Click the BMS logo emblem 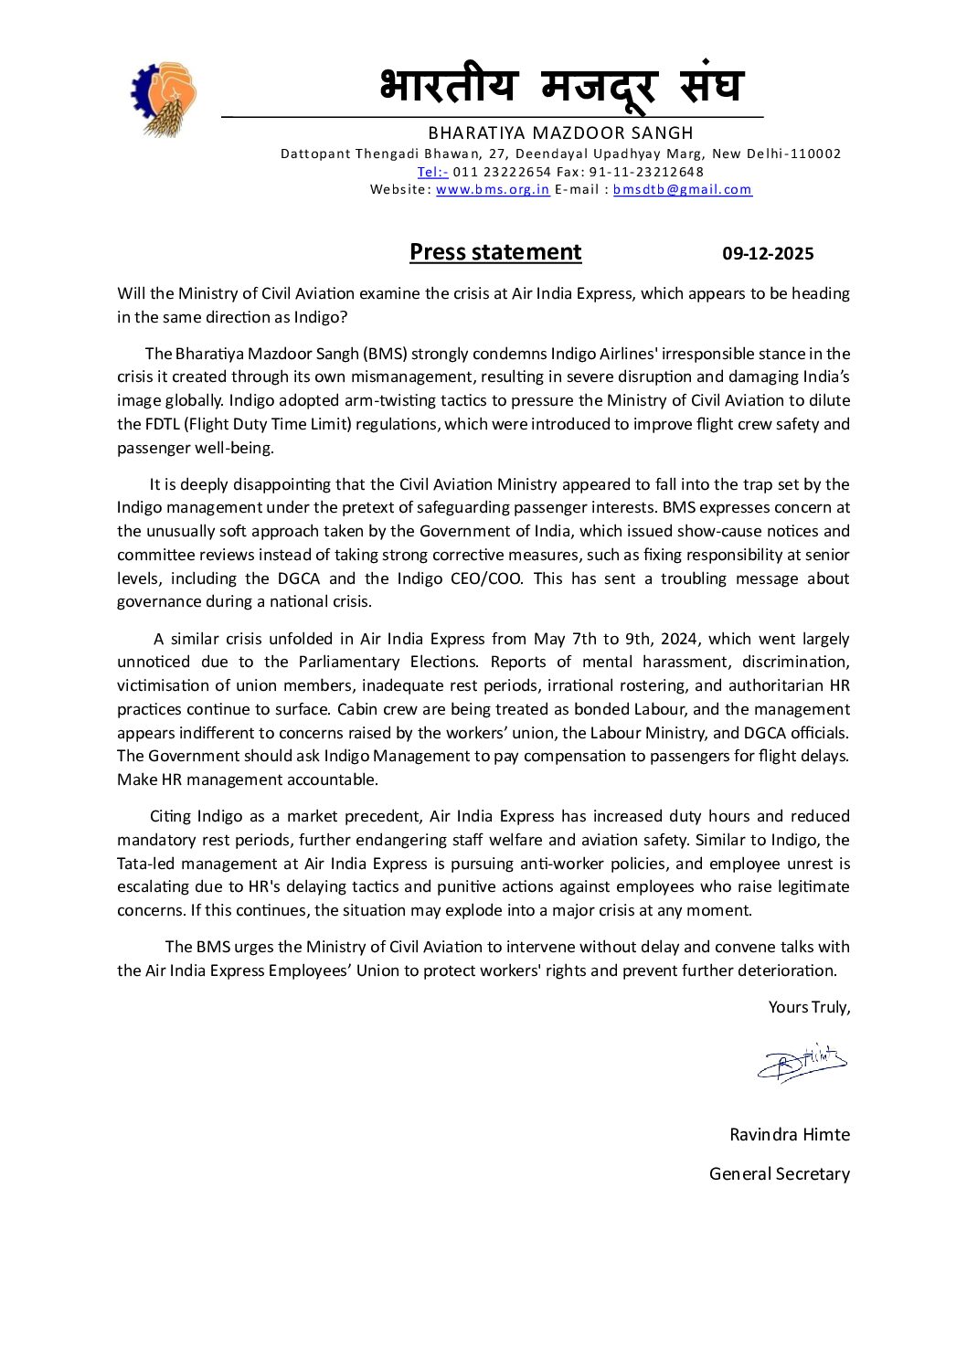[x=163, y=99]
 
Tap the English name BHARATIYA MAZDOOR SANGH [x=560, y=133]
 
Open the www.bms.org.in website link [x=493, y=189]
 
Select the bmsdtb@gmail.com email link [x=682, y=189]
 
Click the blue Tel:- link [x=432, y=172]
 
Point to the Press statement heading [x=495, y=252]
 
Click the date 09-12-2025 [x=768, y=254]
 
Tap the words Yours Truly [x=808, y=1007]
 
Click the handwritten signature [x=802, y=1063]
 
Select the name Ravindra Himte [x=789, y=1135]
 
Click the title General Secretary [x=779, y=1174]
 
